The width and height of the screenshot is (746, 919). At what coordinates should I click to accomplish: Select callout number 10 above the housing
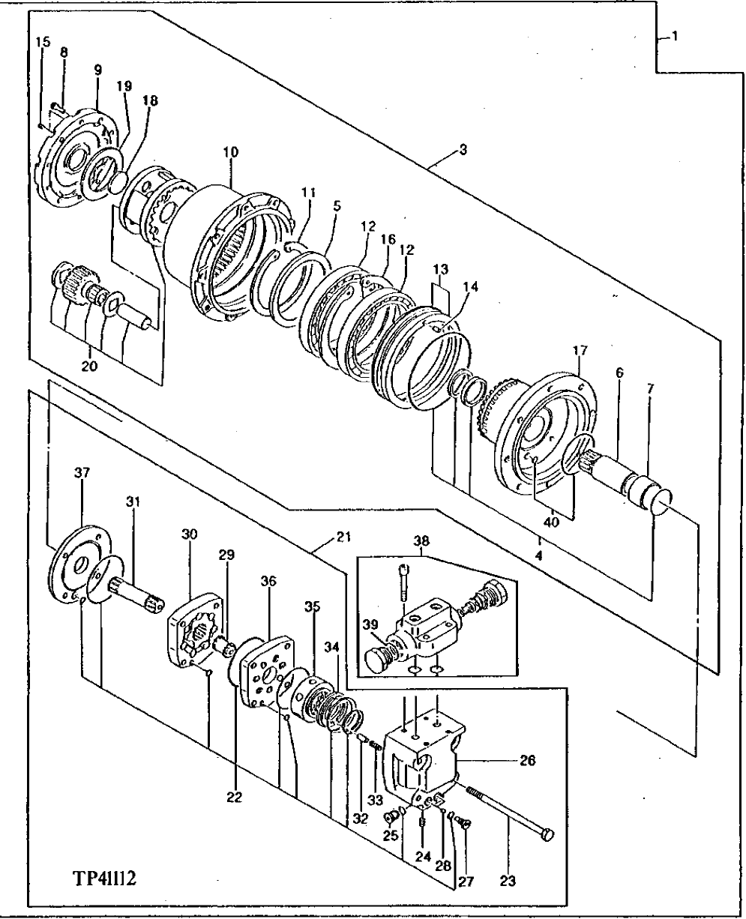(230, 151)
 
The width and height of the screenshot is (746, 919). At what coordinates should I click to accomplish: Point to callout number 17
(581, 349)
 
